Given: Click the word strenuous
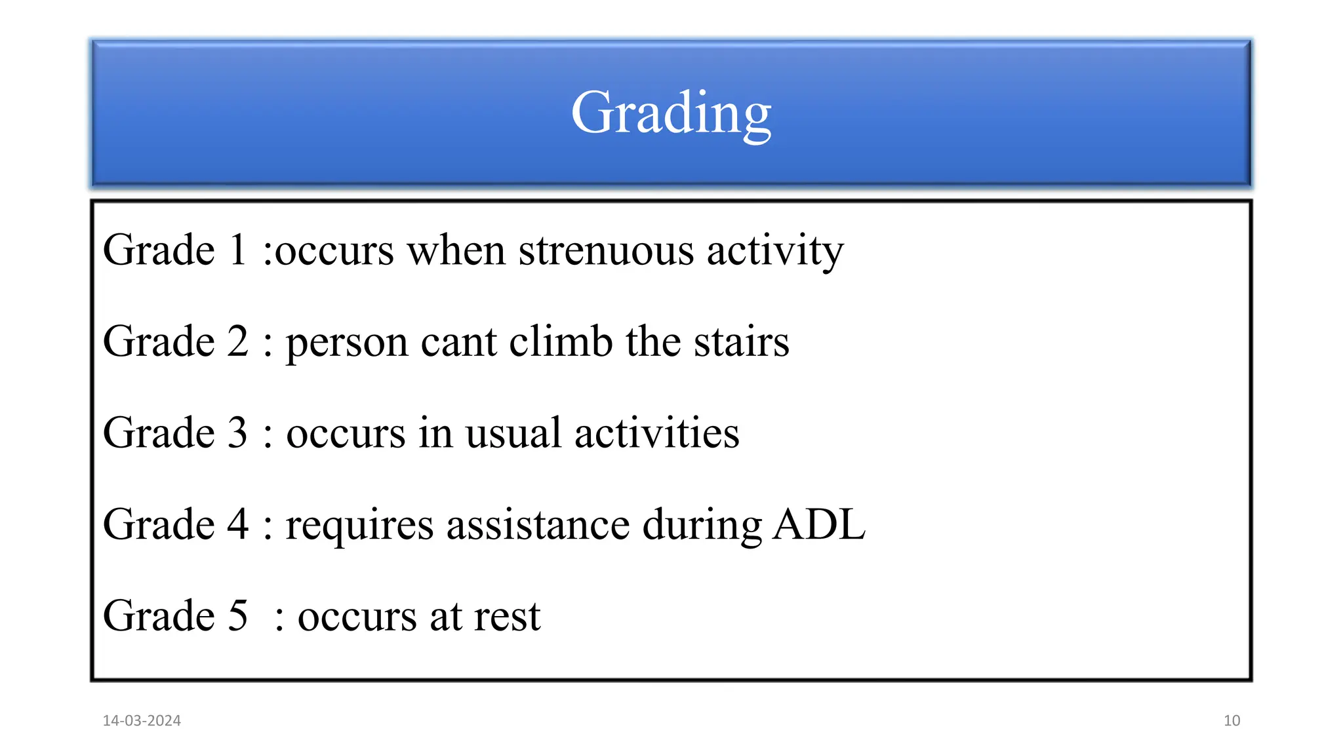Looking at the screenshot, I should pos(606,250).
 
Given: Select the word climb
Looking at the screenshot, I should pos(561,342).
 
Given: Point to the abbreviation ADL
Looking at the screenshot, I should pos(819,525).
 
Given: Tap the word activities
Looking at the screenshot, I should pos(656,433).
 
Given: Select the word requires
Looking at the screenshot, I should pos(359,526).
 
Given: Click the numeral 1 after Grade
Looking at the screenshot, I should pos(237,250).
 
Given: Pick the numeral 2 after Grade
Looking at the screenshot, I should pos(238,342).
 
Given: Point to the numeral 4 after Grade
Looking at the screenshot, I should pos(238,525).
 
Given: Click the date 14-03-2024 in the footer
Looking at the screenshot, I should pos(142,721).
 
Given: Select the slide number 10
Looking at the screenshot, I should pos(1232,721).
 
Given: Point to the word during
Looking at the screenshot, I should pos(702,526).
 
